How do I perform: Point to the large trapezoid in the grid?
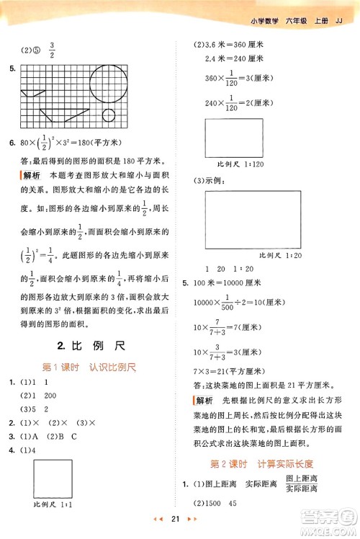point(62,114)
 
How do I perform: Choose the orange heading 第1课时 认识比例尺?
point(90,367)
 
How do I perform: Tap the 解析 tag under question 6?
point(30,175)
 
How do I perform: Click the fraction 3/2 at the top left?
point(52,50)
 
